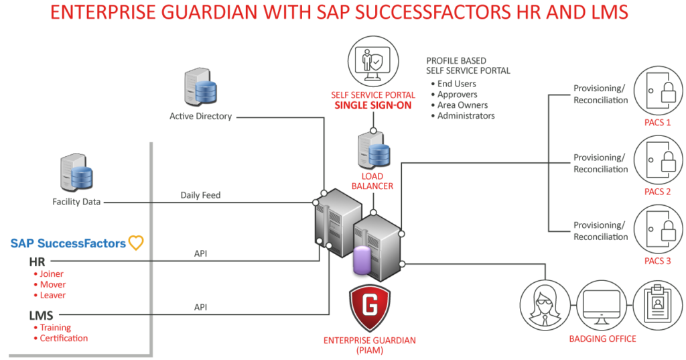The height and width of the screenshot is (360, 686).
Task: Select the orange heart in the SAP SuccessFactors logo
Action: point(136,243)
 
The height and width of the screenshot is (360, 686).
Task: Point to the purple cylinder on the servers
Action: point(362,261)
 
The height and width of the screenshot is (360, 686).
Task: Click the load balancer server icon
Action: point(373,149)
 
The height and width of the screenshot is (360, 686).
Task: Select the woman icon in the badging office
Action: point(545,305)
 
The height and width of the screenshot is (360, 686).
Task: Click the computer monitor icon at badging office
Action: point(601,305)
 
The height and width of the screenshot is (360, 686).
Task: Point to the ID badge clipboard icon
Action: point(657,305)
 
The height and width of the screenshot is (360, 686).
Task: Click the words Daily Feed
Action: point(200,195)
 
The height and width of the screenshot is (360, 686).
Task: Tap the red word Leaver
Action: point(53,295)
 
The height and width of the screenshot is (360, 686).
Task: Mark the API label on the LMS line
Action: point(200,306)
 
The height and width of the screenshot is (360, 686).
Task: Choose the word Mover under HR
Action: point(53,284)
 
